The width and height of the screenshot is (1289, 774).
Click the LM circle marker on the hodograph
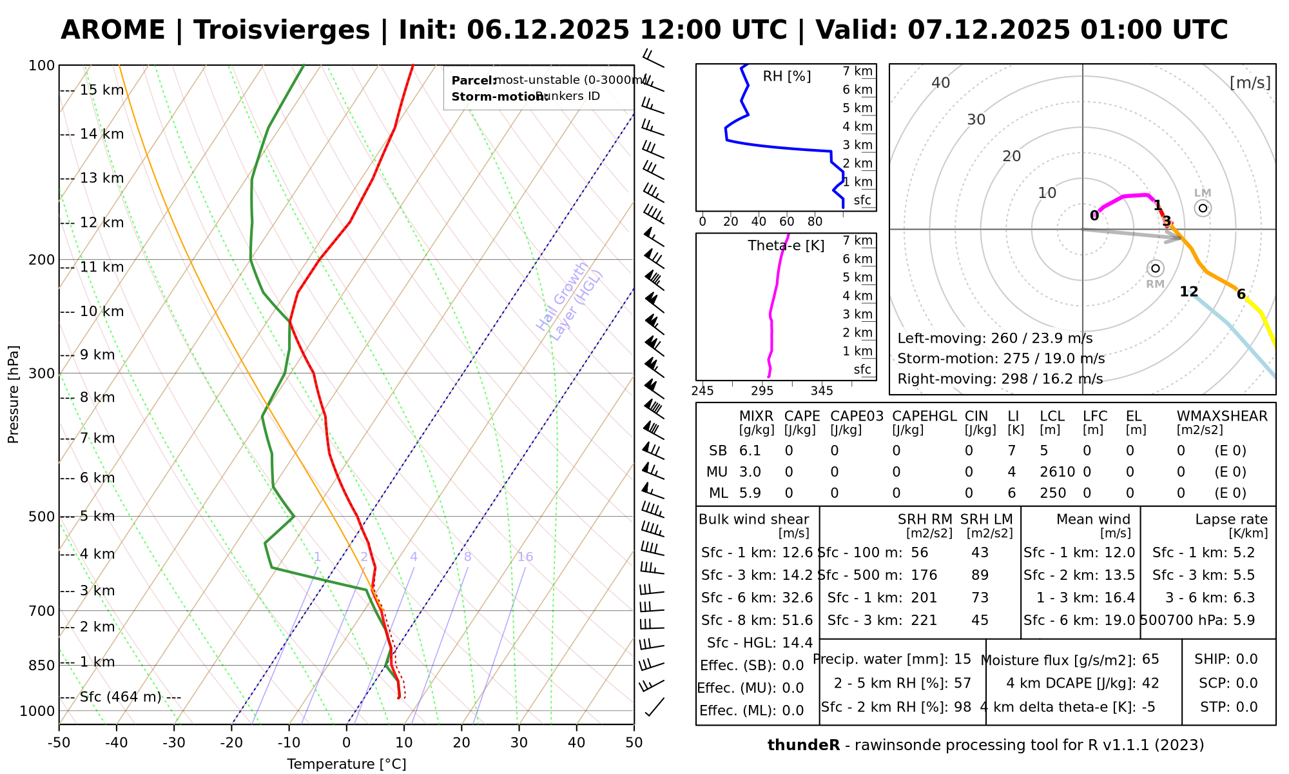pyautogui.click(x=1203, y=208)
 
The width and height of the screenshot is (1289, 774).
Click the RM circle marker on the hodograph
pyautogui.click(x=1156, y=268)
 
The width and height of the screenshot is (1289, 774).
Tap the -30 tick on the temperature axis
pyautogui.click(x=174, y=742)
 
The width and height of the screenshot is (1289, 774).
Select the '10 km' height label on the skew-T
pyautogui.click(x=102, y=312)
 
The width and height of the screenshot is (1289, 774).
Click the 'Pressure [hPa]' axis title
pyautogui.click(x=14, y=394)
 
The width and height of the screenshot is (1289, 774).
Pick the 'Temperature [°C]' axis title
pyautogui.click(x=347, y=764)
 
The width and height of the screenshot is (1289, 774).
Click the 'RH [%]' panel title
pyautogui.click(x=787, y=77)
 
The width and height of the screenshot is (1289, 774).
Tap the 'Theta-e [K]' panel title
pyautogui.click(x=786, y=246)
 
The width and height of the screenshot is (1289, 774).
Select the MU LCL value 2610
pyautogui.click(x=1057, y=472)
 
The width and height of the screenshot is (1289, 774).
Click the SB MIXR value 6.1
pyautogui.click(x=750, y=451)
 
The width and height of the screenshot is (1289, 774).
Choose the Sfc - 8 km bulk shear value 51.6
pyautogui.click(x=797, y=620)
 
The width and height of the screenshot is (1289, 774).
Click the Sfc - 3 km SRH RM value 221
pyautogui.click(x=924, y=620)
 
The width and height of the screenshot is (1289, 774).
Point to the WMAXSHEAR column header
pyautogui.click(x=1222, y=416)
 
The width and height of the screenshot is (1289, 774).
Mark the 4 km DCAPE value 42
pyautogui.click(x=1150, y=683)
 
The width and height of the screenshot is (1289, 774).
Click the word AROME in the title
pyautogui.click(x=113, y=30)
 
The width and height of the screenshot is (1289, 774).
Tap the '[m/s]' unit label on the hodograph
pyautogui.click(x=1250, y=83)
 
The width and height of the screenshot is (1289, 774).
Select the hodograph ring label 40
pyautogui.click(x=941, y=83)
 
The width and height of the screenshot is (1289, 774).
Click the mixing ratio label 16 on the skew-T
pyautogui.click(x=525, y=557)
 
